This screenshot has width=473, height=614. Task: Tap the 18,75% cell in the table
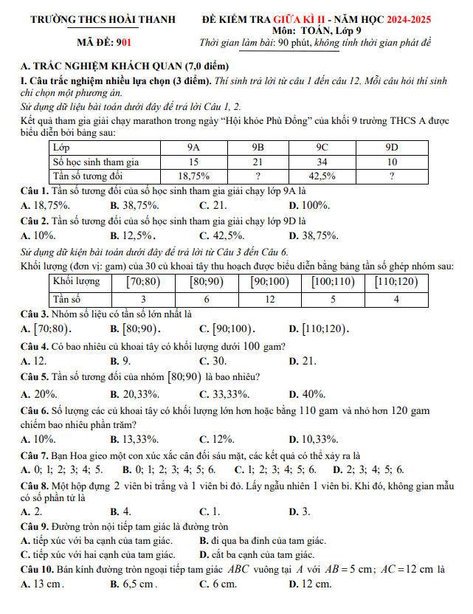[194, 176]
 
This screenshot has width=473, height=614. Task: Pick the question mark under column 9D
[391, 176]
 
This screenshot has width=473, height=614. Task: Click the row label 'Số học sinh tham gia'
[96, 162]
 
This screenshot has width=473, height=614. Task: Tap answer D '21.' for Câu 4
[308, 361]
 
